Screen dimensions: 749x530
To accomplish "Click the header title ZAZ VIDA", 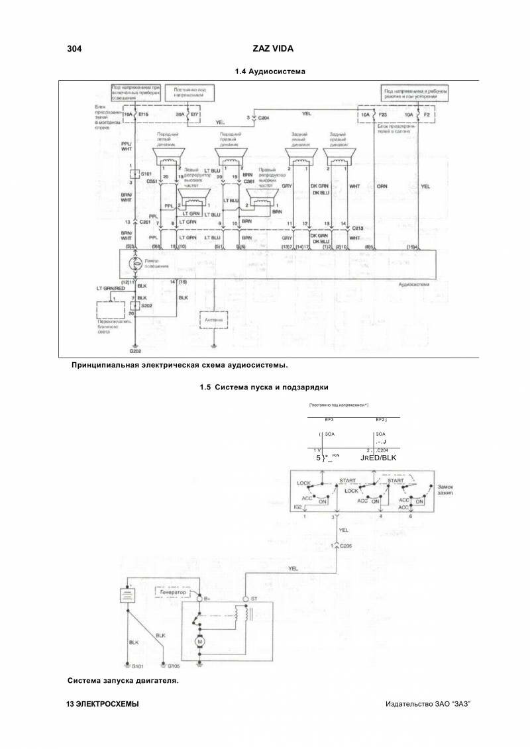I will tap(274, 49).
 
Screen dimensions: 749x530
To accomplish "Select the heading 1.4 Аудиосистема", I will tap(270, 71).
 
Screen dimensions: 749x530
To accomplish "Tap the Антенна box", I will tap(213, 320).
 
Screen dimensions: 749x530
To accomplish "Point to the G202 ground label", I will tap(134, 352).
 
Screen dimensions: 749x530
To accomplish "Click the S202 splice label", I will tap(146, 305).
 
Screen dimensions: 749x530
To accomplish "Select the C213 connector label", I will tap(358, 228).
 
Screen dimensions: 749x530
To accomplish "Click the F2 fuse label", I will tap(427, 115).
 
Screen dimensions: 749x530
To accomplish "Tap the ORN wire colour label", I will tap(382, 187).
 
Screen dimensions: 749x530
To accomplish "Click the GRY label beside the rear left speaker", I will tap(287, 187).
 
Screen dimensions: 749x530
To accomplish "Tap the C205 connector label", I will tap(346, 545).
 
